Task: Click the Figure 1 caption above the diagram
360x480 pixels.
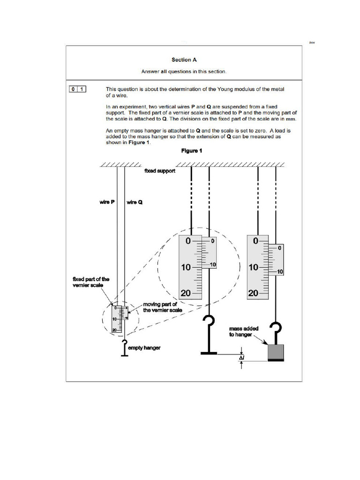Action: click(192, 151)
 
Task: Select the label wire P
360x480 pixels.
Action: click(107, 202)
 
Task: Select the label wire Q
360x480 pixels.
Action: click(135, 202)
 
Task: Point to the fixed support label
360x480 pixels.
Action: click(160, 172)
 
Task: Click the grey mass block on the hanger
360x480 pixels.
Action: click(276, 352)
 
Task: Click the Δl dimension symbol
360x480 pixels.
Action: click(241, 358)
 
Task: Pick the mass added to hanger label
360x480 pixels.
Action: click(241, 332)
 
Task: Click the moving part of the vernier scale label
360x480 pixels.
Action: click(162, 307)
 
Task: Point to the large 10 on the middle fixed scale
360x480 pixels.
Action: click(186, 268)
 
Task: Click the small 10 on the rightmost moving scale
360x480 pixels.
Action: click(280, 272)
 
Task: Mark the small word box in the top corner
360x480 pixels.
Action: click(312, 43)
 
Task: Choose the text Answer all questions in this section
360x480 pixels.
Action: click(184, 72)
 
